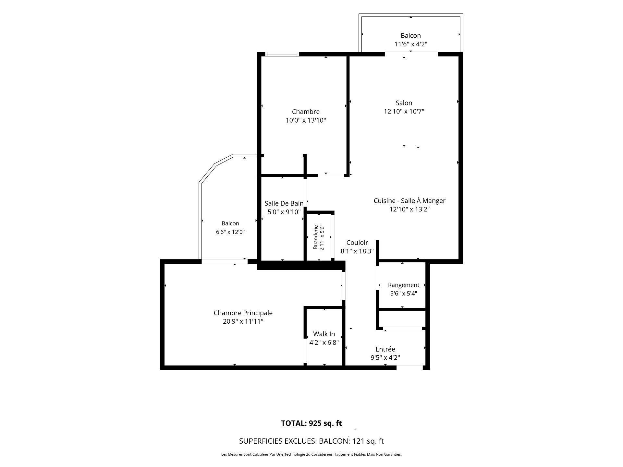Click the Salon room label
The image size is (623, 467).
click(404, 103)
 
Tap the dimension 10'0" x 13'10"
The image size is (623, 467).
click(306, 120)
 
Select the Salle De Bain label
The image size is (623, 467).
click(284, 203)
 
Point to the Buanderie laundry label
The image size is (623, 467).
click(315, 237)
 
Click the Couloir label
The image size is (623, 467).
click(357, 243)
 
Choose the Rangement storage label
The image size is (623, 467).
click(404, 285)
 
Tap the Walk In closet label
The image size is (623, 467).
click(324, 334)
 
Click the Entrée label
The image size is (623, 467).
click(385, 349)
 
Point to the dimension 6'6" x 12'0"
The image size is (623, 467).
click(230, 232)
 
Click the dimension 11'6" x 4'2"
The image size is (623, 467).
click(411, 44)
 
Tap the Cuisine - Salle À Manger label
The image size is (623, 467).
click(409, 201)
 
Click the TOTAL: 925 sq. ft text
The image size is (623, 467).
click(311, 423)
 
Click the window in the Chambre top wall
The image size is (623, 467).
click(282, 54)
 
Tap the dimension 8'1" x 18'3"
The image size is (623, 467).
click(357, 251)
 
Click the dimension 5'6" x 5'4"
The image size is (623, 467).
click(404, 294)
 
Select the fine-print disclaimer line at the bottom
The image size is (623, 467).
click(311, 455)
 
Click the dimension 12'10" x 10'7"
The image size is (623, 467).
click(404, 112)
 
